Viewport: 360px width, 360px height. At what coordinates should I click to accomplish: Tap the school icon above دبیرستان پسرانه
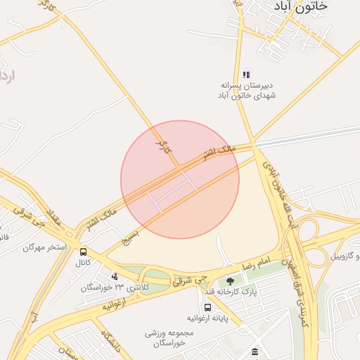click(x=246, y=75)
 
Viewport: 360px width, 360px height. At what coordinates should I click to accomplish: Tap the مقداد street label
click(x=54, y=217)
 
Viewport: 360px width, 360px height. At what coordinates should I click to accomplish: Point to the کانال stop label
click(x=84, y=263)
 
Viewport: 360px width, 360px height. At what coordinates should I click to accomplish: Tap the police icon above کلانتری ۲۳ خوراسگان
click(x=115, y=276)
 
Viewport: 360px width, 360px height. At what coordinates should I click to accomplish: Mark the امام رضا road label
click(x=255, y=264)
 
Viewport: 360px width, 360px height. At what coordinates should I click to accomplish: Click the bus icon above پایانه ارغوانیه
click(x=207, y=307)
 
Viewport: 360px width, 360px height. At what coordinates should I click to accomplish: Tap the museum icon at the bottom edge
click(x=254, y=352)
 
